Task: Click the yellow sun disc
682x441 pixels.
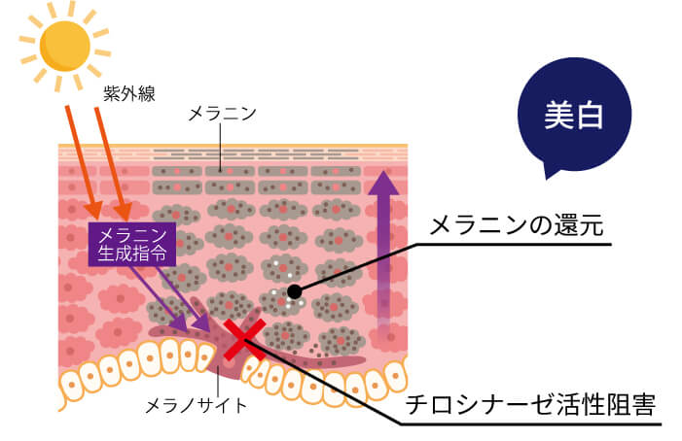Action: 65,46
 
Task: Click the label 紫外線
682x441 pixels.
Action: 129,93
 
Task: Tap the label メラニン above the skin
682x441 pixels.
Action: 222,115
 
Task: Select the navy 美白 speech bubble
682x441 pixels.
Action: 574,115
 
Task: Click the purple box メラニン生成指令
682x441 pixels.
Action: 132,245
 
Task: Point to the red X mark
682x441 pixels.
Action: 244,340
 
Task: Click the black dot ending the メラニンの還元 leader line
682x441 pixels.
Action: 295,291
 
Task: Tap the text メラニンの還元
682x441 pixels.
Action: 516,225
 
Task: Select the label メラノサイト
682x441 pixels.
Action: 197,406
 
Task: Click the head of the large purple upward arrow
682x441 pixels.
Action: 383,183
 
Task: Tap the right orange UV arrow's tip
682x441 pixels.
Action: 126,218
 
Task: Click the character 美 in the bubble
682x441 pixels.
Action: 558,115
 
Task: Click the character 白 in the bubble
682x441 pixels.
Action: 589,115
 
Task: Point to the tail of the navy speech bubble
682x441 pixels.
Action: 550,172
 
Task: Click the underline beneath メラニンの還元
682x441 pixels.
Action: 514,245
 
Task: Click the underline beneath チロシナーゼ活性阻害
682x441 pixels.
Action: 530,424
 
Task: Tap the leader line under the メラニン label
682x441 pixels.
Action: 221,148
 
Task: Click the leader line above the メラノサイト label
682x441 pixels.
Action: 218,381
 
